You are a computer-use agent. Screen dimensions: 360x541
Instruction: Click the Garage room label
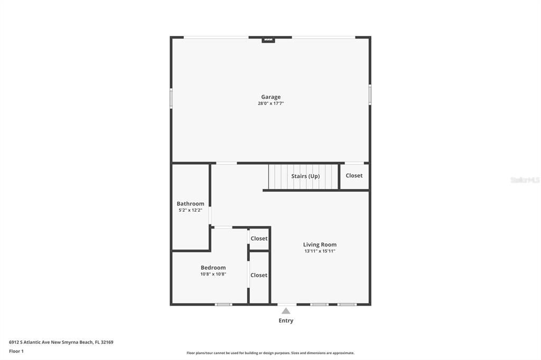coord(270,97)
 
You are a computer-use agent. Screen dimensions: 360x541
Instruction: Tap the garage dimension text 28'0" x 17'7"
coord(270,103)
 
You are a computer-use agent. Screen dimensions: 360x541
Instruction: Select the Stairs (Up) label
coord(305,176)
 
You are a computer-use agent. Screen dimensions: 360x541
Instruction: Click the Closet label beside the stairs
coord(354,175)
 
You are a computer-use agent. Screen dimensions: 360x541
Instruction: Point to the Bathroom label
coord(190,204)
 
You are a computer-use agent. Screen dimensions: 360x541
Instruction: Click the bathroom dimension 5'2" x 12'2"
coord(190,210)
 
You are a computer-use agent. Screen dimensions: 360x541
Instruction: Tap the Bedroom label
coord(213,268)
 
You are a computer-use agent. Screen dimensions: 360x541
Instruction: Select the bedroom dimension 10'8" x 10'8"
coord(213,274)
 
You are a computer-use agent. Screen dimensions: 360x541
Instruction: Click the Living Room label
coord(320,244)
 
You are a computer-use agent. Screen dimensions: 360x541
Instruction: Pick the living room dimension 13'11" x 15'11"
coord(320,251)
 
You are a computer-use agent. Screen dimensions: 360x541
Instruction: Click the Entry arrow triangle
coord(286,311)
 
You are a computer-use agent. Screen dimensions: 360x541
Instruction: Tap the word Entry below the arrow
coord(286,320)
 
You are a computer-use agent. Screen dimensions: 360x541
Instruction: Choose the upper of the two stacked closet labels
coord(259,239)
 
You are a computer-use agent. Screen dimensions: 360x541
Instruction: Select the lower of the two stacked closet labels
coord(259,275)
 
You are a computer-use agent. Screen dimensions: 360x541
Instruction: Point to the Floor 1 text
coord(16,351)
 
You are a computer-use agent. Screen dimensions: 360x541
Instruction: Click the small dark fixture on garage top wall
coord(268,39)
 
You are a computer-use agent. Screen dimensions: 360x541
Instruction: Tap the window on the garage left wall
coord(171,98)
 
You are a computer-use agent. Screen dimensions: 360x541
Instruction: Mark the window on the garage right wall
coord(370,95)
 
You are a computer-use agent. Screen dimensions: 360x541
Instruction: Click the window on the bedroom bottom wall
coord(223,304)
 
